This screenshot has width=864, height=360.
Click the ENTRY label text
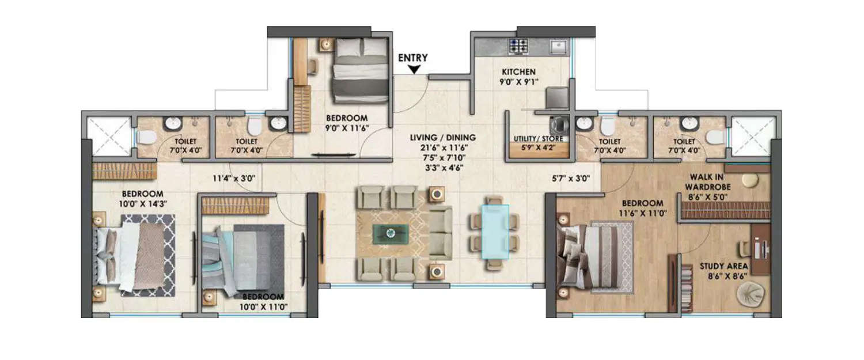tap(413, 58)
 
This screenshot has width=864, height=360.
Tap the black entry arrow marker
tap(414, 70)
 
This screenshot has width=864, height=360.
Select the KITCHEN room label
tap(518, 72)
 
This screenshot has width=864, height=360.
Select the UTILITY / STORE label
tap(538, 139)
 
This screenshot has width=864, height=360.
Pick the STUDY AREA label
tap(724, 266)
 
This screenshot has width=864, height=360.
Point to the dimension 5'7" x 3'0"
tap(570, 179)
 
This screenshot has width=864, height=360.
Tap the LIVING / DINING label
tap(442, 138)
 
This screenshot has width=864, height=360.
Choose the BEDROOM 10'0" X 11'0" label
tap(264, 302)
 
